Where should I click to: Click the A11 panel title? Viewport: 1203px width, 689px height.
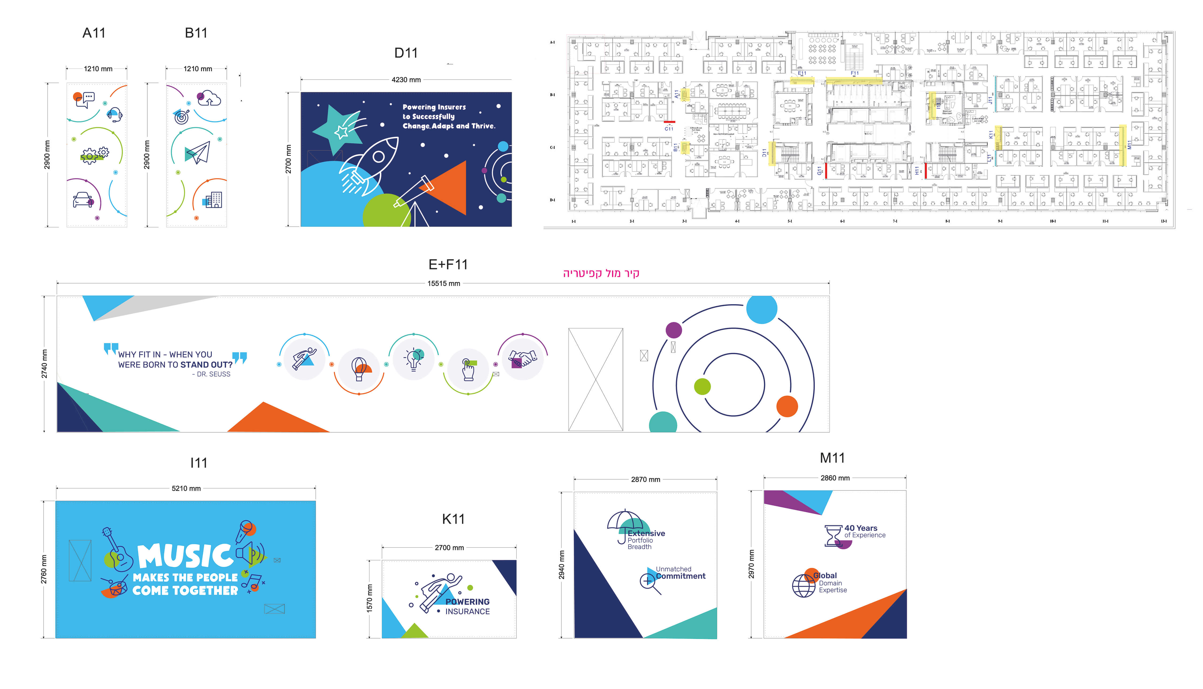[x=94, y=33]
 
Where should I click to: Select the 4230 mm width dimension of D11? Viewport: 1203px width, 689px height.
[x=406, y=80]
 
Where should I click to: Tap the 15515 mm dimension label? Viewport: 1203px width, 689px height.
[x=443, y=283]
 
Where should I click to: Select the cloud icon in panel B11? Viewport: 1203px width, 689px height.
[x=209, y=98]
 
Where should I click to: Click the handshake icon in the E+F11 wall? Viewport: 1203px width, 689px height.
[x=523, y=359]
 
